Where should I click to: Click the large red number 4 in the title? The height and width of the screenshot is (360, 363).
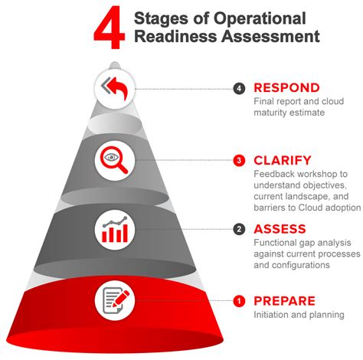pos(110,28)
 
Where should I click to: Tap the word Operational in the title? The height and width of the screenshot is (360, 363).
pos(260,18)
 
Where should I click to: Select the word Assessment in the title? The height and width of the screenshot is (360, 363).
pos(270,36)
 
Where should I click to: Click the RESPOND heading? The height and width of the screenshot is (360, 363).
pos(286,88)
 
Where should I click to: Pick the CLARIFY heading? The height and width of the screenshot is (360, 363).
pos(283,160)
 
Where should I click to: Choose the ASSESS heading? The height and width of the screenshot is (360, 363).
pos(280,229)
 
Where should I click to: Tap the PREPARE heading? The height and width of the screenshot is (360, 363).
pos(284,301)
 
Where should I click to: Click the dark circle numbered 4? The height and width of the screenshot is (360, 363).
pos(239,89)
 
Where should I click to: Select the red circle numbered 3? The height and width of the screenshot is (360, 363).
pos(239,161)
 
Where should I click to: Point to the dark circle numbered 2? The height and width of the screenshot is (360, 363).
pos(239,229)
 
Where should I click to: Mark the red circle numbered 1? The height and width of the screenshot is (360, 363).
pos(239,301)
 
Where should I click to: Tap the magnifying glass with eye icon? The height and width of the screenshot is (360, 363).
pos(114,160)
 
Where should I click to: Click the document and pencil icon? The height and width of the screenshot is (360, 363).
pos(116,300)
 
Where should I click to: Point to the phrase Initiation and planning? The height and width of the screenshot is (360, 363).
pos(299,315)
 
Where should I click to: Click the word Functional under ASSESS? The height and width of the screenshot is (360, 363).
pos(275,243)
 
